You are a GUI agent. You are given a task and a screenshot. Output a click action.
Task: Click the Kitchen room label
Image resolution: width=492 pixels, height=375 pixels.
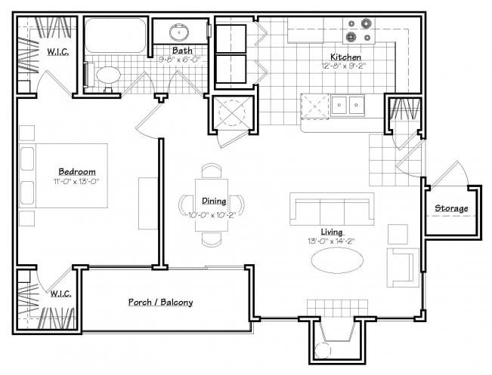tap(345, 57)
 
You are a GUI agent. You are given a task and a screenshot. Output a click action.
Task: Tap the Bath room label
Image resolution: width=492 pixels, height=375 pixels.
tap(181, 51)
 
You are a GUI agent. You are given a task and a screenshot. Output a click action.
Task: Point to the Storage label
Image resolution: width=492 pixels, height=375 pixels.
tap(450, 208)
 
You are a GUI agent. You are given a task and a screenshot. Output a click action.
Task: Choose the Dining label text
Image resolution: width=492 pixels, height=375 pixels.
tap(212, 201)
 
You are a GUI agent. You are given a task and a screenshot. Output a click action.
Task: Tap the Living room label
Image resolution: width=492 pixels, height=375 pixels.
tap(331, 231)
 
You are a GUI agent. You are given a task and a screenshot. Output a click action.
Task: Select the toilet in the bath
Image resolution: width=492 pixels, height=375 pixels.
tap(107, 75)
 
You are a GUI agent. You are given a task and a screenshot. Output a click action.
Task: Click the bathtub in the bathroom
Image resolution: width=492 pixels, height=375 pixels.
tap(116, 36)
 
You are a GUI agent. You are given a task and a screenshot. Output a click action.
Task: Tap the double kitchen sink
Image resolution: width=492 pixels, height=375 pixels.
tap(345, 105)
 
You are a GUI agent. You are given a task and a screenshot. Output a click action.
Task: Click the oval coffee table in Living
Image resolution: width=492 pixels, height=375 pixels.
tap(338, 260)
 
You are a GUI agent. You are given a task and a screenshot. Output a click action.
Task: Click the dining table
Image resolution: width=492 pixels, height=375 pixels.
tap(211, 204)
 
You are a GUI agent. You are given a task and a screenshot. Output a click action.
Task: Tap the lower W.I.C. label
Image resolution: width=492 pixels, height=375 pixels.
tap(60, 294)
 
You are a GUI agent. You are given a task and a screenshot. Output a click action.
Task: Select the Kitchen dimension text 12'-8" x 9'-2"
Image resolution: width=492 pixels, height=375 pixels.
tap(345, 66)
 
